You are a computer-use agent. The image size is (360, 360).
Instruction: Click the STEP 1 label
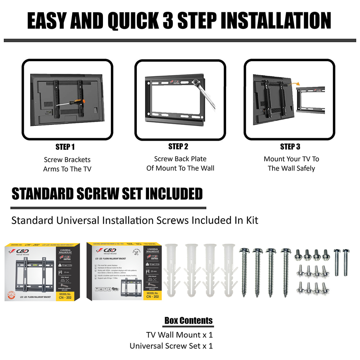pos(65,147)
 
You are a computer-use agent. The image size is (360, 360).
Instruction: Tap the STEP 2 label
pos(178,147)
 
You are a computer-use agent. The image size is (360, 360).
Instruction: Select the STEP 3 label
pos(290,147)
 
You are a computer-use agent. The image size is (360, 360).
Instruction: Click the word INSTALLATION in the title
pos(275,21)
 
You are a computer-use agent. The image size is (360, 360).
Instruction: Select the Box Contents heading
pos(188,320)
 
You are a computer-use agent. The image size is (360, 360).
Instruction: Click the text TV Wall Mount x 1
pos(179,335)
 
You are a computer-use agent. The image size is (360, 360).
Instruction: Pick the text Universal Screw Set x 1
pos(171,346)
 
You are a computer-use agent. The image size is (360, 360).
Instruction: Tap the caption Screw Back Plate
pos(180,159)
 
